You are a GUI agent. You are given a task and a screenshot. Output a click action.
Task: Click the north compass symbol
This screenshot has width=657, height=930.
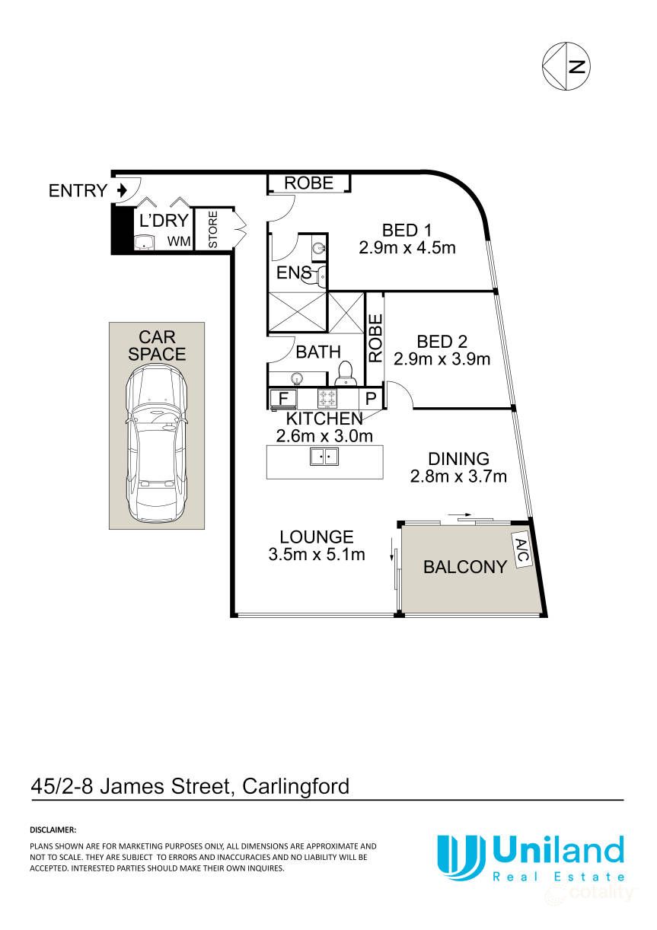pyautogui.click(x=566, y=66)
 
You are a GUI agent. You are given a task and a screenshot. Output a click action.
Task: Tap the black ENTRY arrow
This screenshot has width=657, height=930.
pyautogui.click(x=122, y=190)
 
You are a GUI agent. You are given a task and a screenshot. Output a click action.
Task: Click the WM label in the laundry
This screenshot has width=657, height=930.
pyautogui.click(x=179, y=241)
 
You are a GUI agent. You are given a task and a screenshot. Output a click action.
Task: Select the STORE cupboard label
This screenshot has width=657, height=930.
pyautogui.click(x=212, y=230)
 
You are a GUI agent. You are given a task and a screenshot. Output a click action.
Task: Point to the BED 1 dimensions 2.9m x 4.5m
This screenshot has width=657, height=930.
pyautogui.click(x=407, y=248)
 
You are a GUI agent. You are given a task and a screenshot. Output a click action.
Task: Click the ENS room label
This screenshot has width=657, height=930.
pyautogui.click(x=294, y=272)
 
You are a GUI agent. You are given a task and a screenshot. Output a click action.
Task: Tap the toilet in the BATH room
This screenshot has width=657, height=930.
pyautogui.click(x=345, y=373)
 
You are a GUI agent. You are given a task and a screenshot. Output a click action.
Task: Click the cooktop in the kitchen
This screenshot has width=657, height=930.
pyautogui.click(x=327, y=398)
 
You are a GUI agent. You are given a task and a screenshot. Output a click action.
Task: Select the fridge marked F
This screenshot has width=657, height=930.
pyautogui.click(x=283, y=399)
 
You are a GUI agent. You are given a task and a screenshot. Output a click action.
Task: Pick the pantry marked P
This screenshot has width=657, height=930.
pyautogui.click(x=371, y=399)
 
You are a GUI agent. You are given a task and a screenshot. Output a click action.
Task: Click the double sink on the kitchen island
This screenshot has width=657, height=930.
pyautogui.click(x=324, y=457)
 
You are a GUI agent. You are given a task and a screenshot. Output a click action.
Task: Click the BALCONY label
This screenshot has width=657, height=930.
pyautogui.click(x=465, y=567)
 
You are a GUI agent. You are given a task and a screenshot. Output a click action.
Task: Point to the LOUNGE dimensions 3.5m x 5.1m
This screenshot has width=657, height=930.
pyautogui.click(x=317, y=554)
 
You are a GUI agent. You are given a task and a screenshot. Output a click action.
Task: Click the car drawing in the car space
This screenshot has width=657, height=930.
pyautogui.click(x=157, y=444)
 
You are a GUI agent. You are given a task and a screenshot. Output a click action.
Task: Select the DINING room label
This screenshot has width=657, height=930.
pyautogui.click(x=458, y=459)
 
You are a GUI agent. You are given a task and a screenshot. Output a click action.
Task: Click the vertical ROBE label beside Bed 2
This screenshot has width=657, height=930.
pyautogui.click(x=375, y=339)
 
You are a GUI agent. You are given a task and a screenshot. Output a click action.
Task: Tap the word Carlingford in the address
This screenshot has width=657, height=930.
pyautogui.click(x=295, y=786)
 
